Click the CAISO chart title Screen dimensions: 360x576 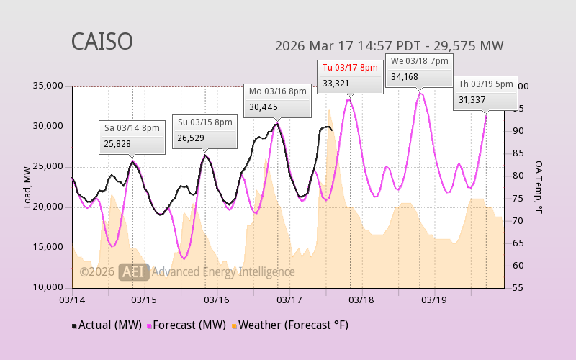tap(102, 41)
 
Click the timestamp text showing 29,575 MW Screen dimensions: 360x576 tap(389, 46)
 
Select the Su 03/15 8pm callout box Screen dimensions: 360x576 tap(204, 131)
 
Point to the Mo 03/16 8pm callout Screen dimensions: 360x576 tap(278, 99)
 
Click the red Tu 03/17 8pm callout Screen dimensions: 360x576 tap(350, 76)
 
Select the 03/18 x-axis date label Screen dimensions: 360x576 tap(361, 299)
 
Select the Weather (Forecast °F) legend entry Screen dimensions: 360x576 tap(289, 325)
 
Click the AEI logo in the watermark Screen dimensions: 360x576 tap(134, 271)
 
